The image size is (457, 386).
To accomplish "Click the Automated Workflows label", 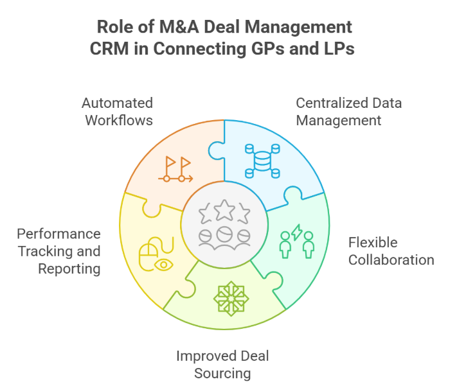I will [118, 111].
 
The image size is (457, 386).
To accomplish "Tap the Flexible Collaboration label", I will [391, 251].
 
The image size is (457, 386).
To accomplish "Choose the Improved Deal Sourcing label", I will [223, 365].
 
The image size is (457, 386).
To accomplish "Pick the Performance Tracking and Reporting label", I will [59, 251].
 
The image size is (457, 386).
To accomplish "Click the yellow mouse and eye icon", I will [157, 254].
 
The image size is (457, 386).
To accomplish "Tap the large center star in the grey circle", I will [223, 209].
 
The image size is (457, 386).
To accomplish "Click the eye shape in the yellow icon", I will [165, 263].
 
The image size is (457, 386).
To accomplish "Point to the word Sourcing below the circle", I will [223, 373].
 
